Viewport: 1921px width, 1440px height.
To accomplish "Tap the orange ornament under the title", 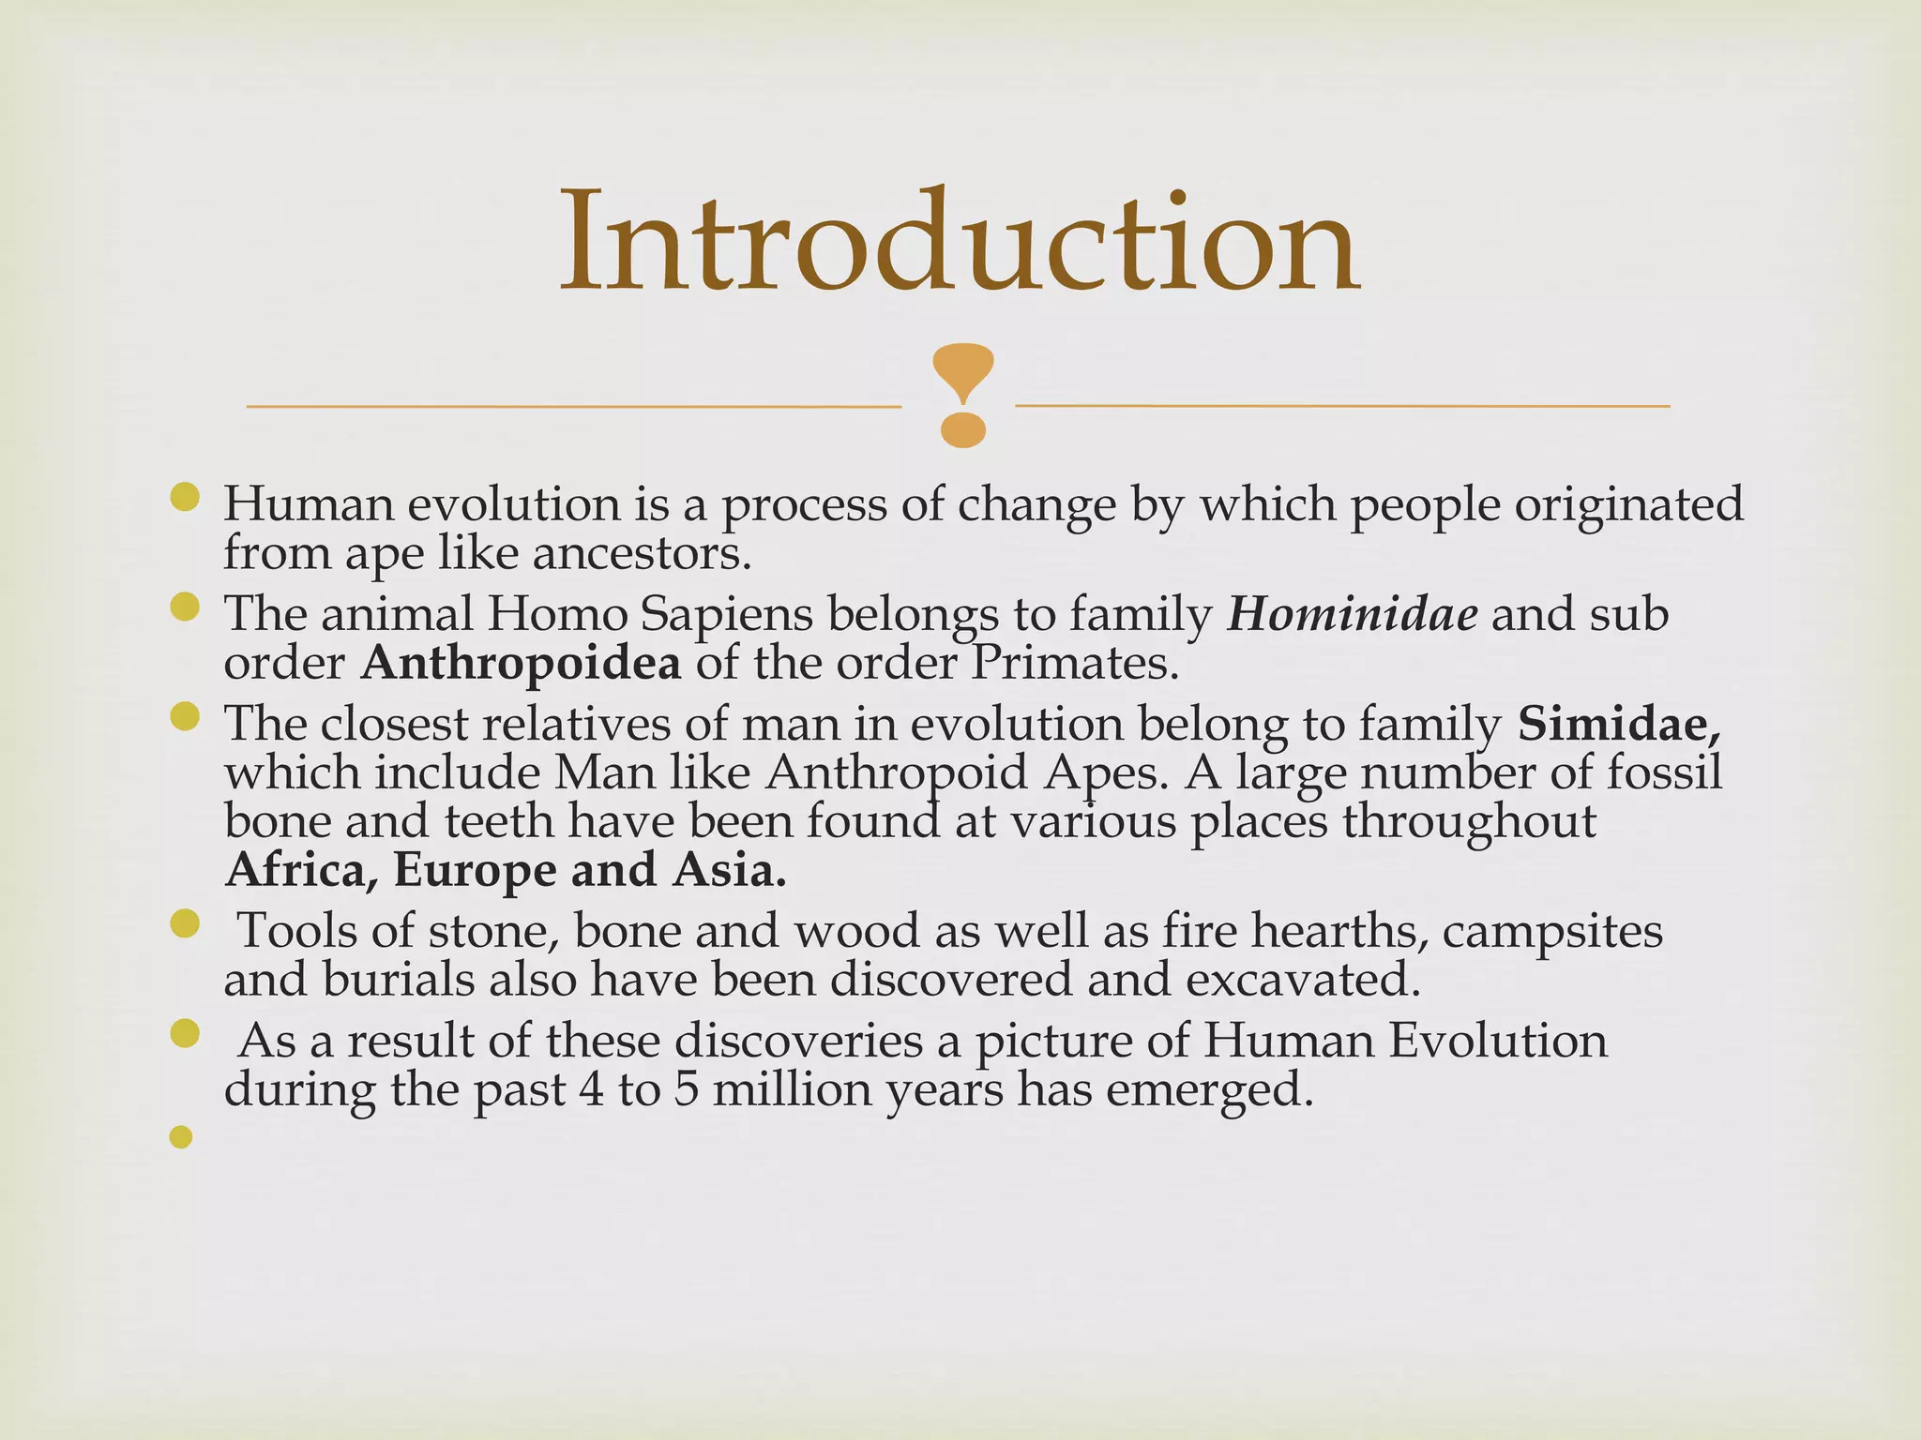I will point(963,395).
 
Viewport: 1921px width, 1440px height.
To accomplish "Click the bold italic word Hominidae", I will point(1352,615).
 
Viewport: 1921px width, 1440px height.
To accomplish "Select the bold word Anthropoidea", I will point(522,664).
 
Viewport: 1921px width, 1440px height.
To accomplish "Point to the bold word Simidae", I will point(1619,724).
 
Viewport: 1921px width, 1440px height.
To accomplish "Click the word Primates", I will point(1074,664).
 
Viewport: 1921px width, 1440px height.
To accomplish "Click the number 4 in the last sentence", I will point(592,1089).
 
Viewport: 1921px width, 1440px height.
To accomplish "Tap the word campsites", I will point(1552,931).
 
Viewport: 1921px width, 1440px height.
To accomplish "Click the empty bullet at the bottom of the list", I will point(181,1137).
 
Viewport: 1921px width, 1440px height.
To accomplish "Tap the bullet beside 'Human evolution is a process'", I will point(186,498).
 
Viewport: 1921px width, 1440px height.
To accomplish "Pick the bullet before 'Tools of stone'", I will point(186,925).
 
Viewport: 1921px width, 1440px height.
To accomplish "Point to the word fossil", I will point(1665,772).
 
